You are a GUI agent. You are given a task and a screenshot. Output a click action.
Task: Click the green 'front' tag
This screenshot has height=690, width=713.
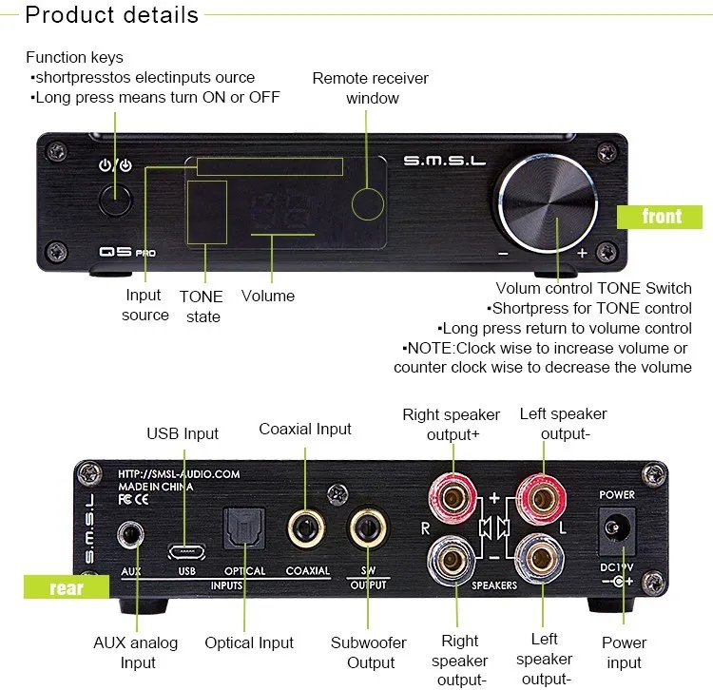(661, 216)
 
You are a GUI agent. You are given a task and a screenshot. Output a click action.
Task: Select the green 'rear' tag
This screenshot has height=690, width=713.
(66, 586)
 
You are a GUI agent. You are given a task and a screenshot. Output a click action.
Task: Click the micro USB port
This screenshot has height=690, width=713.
(186, 549)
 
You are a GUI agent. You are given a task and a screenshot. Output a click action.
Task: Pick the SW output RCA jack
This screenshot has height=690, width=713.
(368, 528)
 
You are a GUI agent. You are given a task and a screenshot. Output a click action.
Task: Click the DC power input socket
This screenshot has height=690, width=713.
(616, 530)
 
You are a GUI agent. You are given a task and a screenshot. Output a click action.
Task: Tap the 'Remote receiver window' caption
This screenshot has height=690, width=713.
(371, 87)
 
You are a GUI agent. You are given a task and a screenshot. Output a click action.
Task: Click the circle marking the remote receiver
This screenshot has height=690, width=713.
(368, 203)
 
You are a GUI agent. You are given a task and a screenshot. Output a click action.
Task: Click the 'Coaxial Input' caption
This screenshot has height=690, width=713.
(305, 429)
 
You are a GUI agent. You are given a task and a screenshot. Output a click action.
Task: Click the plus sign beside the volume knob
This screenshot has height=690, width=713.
(582, 254)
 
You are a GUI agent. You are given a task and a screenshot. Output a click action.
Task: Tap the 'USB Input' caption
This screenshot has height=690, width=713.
(183, 433)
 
